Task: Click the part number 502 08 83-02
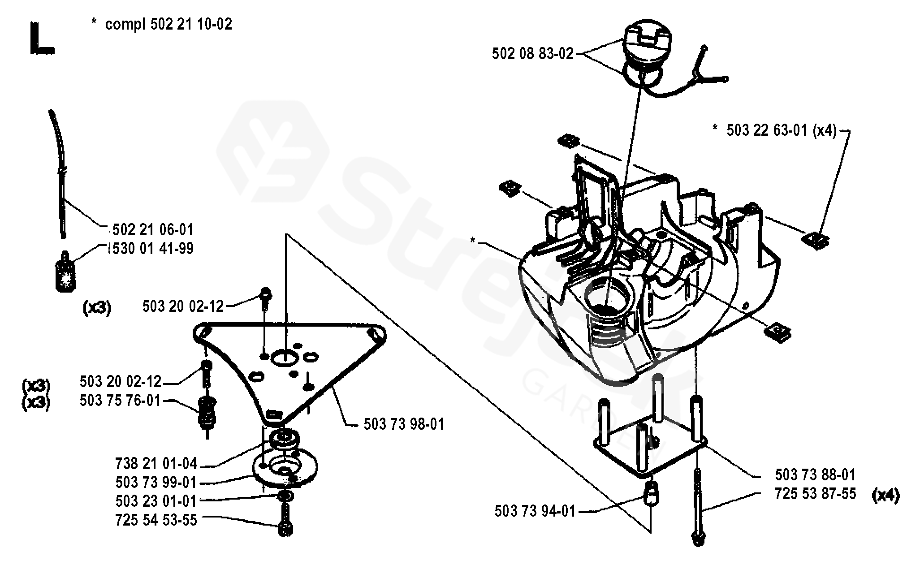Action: (532, 54)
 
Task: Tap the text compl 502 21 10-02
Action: (168, 24)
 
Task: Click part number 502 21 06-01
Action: (152, 230)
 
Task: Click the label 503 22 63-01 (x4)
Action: (782, 130)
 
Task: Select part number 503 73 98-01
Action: (404, 424)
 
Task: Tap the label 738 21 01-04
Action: (156, 463)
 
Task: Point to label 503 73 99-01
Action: (156, 482)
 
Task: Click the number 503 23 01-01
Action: (156, 501)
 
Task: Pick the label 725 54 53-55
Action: (156, 520)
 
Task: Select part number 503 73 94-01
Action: (535, 511)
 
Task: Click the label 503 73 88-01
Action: (815, 474)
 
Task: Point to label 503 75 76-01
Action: (120, 400)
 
